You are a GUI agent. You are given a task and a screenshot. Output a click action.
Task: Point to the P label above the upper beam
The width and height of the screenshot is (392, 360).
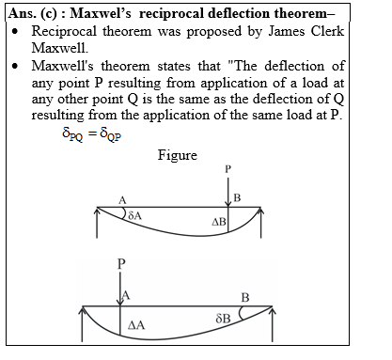[227, 169]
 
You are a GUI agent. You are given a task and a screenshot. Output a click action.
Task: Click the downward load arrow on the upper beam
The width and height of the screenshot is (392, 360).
[227, 189]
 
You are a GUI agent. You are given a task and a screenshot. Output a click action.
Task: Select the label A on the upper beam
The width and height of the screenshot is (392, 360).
[123, 198]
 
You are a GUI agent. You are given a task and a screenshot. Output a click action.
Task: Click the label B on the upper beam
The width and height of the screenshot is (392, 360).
[237, 198]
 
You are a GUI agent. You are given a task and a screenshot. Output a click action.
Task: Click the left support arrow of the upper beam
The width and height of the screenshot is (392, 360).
[99, 221]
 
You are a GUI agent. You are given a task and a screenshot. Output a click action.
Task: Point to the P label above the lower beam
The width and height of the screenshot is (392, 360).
[120, 264]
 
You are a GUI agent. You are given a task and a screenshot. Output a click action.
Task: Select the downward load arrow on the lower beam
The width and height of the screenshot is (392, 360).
[120, 288]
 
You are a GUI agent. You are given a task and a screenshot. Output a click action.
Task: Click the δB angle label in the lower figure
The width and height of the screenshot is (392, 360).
[223, 319]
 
